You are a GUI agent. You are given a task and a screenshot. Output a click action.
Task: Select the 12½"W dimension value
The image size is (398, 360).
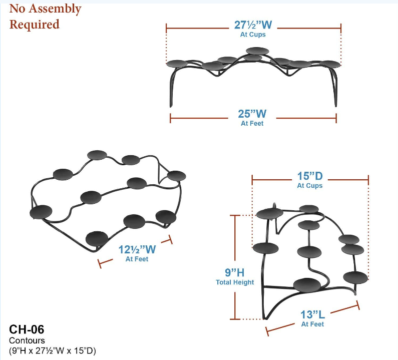pyautogui.click(x=137, y=249)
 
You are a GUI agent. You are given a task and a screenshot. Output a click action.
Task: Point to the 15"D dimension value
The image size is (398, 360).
pyautogui.click(x=310, y=177)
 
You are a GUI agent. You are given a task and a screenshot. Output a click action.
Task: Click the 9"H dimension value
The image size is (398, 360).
pyautogui.click(x=234, y=272)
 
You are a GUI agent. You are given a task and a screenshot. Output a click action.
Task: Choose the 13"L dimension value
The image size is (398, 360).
pyautogui.click(x=312, y=314)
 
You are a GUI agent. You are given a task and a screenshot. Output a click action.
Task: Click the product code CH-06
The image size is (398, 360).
pyautogui.click(x=27, y=329)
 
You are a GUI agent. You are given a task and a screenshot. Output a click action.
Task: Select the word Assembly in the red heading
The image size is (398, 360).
pyautogui.click(x=55, y=9)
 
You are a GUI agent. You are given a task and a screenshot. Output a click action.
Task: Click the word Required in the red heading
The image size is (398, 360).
pyautogui.click(x=34, y=24)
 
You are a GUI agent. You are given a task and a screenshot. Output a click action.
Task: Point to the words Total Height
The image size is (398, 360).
pyautogui.click(x=234, y=282)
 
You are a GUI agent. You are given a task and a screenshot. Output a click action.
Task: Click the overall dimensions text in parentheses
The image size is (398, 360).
pyautogui.click(x=52, y=350)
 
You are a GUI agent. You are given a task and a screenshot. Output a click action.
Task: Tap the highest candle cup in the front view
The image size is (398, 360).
pyautogui.click(x=257, y=50)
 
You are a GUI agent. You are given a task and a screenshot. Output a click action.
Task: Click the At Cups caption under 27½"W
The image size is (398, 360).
pyautogui.click(x=253, y=35)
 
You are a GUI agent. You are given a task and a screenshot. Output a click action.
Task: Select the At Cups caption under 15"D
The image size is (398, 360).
pyautogui.click(x=310, y=186)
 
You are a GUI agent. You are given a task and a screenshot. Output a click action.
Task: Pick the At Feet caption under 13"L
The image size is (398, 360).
pyautogui.click(x=312, y=324)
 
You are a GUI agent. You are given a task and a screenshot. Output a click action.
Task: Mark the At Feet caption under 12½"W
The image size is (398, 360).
pyautogui.click(x=137, y=259)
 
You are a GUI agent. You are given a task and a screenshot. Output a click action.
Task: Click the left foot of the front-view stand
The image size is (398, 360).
pyautogui.click(x=171, y=104)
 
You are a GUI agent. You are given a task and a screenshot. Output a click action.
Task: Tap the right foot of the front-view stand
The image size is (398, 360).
pyautogui.click(x=335, y=104)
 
